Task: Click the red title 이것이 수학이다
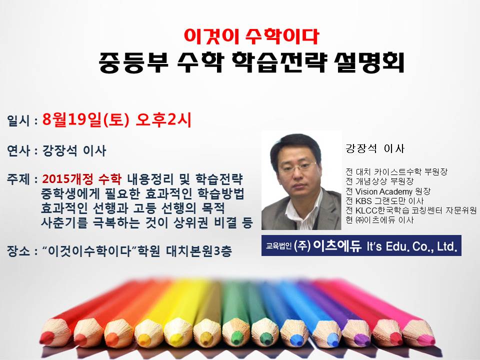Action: pos(251,36)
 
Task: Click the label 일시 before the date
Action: pos(18,120)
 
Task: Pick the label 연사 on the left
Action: pos(18,150)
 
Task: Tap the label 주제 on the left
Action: pos(18,179)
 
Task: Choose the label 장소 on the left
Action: pos(18,251)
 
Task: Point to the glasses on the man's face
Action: pos(297,166)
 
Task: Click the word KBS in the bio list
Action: pos(363,201)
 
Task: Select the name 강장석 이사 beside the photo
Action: pos(375,148)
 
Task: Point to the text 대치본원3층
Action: pos(199,251)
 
